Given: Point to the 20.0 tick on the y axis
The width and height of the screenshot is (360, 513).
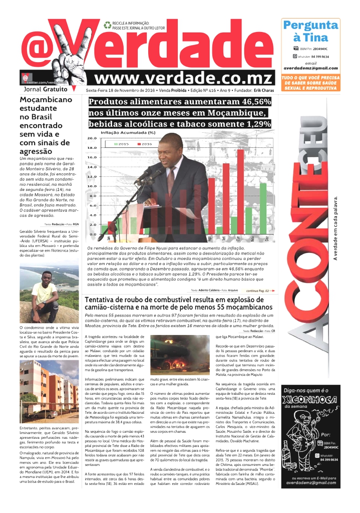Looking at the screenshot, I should (x=92, y=138).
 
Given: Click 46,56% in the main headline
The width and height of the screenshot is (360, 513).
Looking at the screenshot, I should (x=253, y=102).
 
